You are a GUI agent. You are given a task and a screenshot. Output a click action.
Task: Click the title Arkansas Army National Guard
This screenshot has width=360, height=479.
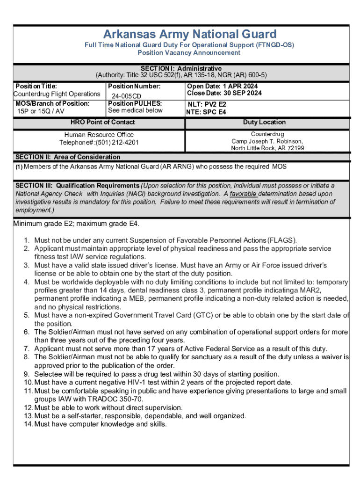[x=190, y=35]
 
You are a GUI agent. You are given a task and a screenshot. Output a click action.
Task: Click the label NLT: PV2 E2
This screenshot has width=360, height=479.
[x=207, y=105]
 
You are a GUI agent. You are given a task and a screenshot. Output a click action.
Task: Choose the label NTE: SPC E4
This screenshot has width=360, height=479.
[x=206, y=112]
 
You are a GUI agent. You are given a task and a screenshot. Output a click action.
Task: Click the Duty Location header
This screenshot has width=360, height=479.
[x=264, y=122]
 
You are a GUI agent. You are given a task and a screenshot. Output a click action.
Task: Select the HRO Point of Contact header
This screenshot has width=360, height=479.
[x=102, y=122]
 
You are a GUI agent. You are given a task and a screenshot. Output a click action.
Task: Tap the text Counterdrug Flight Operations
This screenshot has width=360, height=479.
[x=57, y=94]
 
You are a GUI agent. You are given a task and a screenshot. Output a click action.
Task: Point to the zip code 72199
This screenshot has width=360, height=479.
[x=295, y=148]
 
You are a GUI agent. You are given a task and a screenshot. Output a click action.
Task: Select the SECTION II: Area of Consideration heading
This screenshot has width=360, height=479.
[x=68, y=157]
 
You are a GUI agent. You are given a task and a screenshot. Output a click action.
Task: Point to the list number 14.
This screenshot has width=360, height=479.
[x=28, y=424]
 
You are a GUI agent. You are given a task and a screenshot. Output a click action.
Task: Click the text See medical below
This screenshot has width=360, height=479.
[x=135, y=110]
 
